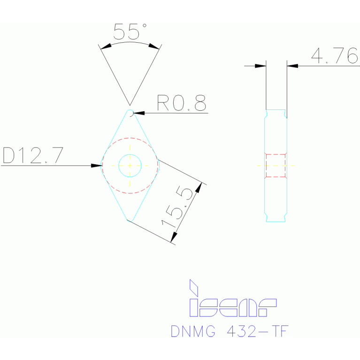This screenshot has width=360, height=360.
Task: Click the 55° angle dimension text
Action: (x=130, y=31)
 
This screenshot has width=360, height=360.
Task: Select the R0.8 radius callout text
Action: (x=181, y=103)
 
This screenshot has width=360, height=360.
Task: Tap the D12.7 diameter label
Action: (x=32, y=155)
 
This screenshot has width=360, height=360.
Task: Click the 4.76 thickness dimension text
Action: (x=335, y=56)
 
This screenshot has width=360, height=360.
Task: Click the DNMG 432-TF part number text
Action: (x=229, y=331)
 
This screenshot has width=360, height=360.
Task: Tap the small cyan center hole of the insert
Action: (x=130, y=165)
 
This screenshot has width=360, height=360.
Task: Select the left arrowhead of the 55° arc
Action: (x=106, y=46)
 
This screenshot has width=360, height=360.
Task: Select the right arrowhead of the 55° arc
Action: (x=154, y=46)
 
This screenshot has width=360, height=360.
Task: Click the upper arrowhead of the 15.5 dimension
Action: (x=199, y=187)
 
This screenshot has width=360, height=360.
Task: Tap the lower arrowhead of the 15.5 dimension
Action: (x=173, y=238)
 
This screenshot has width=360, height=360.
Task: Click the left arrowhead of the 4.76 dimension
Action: (x=260, y=66)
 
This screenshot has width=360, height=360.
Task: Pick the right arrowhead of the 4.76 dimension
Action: (x=292, y=66)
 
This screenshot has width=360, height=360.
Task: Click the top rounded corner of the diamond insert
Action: (x=130, y=112)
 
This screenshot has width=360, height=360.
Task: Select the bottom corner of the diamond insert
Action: (x=130, y=219)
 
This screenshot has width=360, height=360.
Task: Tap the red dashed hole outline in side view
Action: (x=276, y=165)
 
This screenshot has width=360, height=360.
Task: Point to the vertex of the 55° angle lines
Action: (x=130, y=105)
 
